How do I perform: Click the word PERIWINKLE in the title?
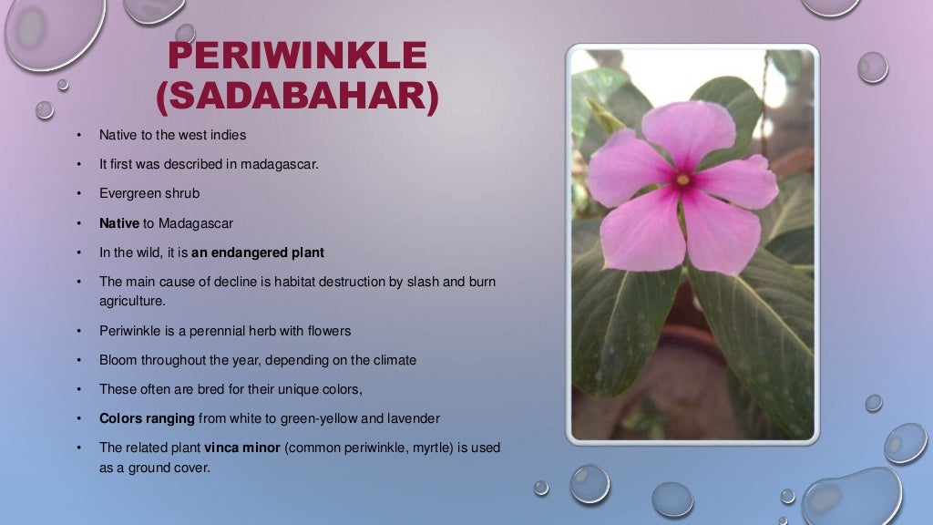297,57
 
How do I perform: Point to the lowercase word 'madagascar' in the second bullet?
279,165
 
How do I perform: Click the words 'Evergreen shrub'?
149,193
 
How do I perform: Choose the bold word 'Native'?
119,222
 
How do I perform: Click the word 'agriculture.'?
132,299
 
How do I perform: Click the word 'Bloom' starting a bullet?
118,360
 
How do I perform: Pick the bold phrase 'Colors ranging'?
147,418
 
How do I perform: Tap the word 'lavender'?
413,418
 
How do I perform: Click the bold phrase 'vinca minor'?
242,448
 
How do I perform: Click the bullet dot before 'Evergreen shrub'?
80,193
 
